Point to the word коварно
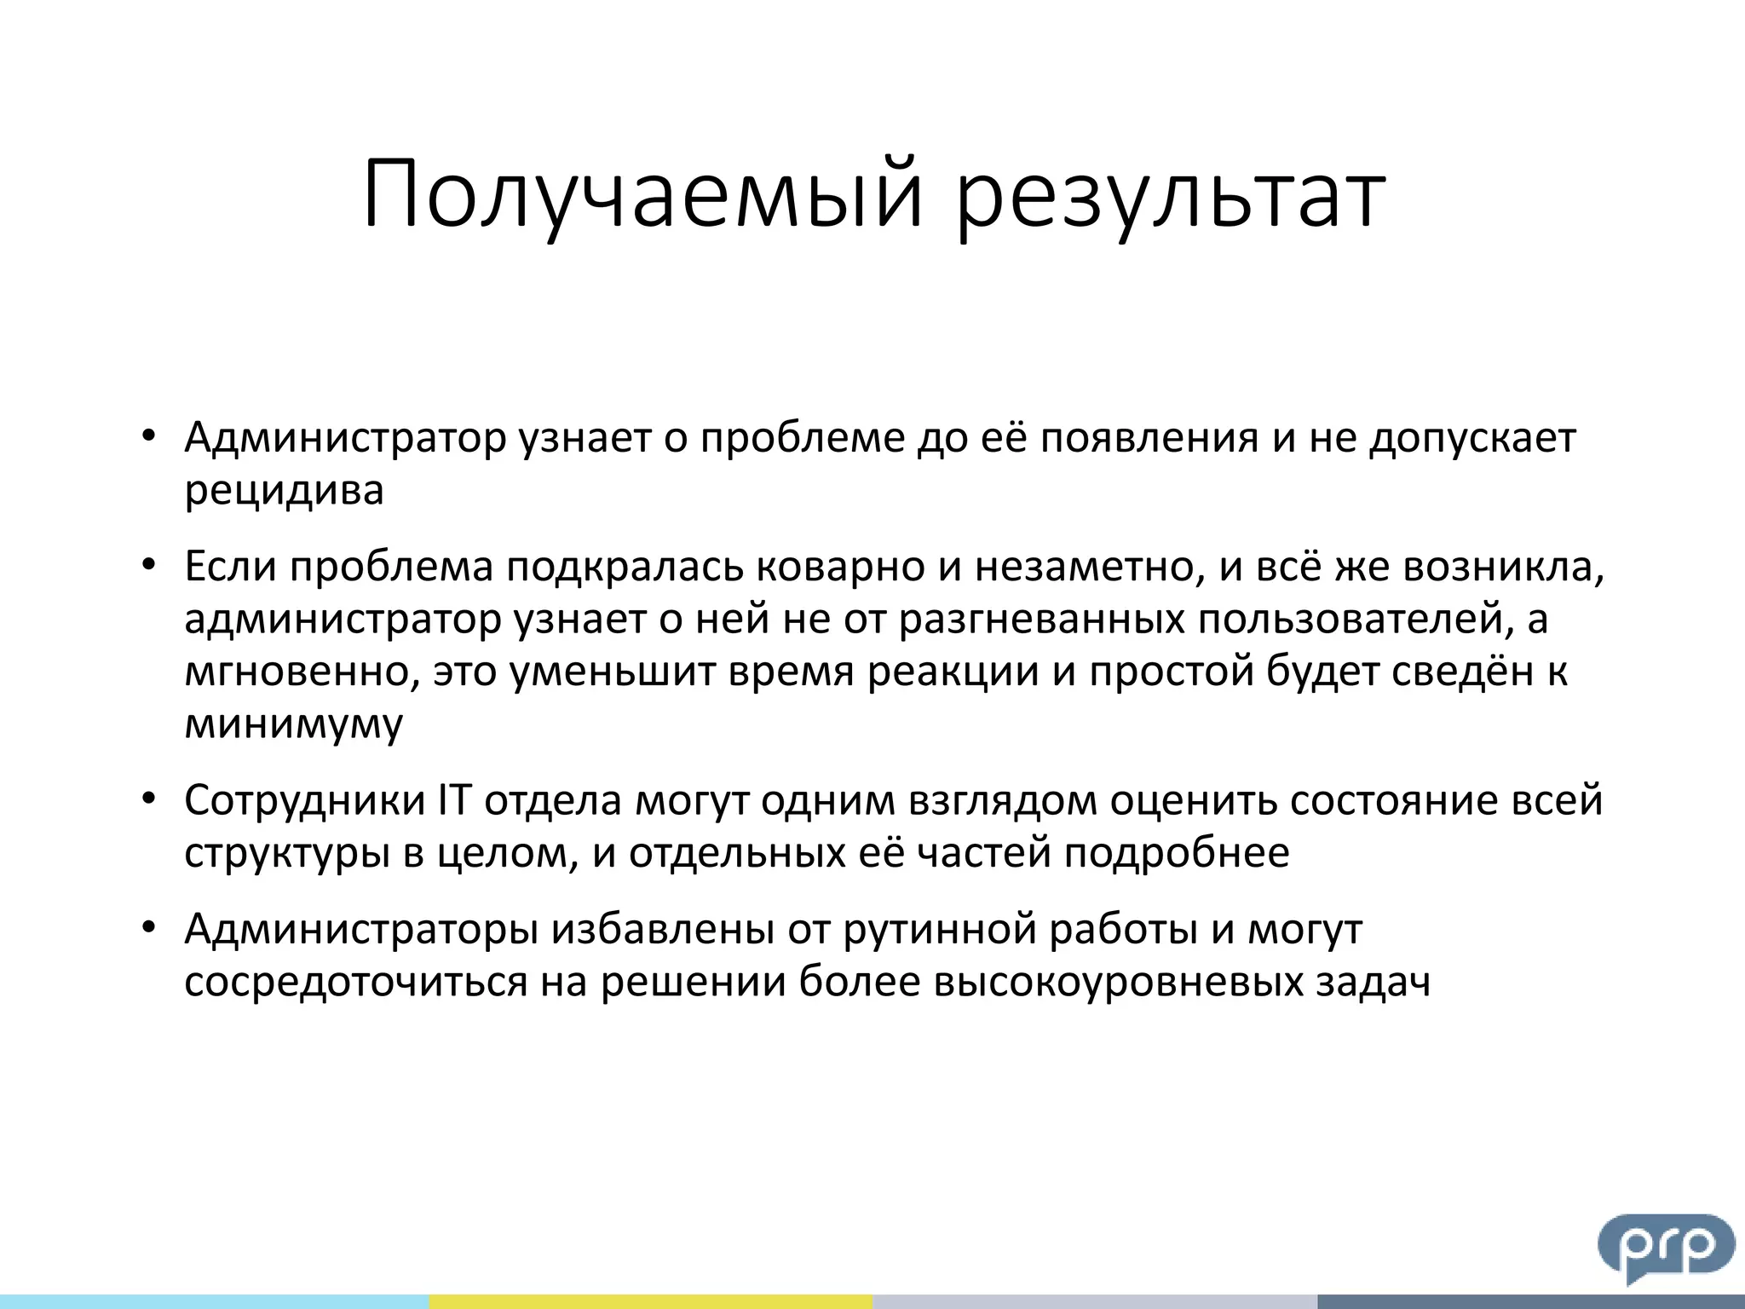(840, 568)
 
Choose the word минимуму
(293, 724)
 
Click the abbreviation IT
(454, 801)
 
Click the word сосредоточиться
(355, 983)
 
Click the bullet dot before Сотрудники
(149, 799)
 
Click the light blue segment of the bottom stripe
(213, 1301)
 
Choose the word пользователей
(1350, 620)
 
